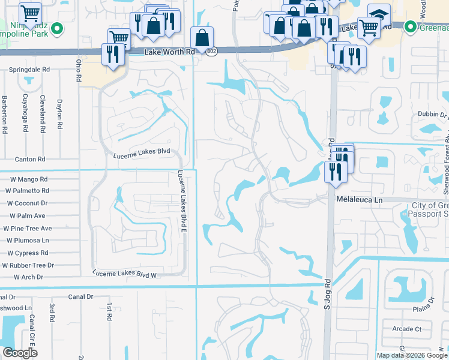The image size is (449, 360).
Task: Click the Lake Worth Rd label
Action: point(170,52)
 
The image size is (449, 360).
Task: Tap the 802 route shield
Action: point(211,52)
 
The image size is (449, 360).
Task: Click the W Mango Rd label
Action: point(28,179)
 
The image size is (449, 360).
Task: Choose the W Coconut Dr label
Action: point(27,203)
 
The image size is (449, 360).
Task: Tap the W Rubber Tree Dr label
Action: point(28,265)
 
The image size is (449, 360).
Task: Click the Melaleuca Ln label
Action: point(359,199)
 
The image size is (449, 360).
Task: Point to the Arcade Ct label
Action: point(406,329)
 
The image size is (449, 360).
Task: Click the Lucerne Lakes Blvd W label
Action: point(125,274)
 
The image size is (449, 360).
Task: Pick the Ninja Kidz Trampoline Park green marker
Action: point(57,28)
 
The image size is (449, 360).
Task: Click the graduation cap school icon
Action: point(378,13)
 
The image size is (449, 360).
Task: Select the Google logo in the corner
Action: point(19,353)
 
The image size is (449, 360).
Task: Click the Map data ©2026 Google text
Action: point(412,355)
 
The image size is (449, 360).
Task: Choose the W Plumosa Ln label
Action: point(29,241)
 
